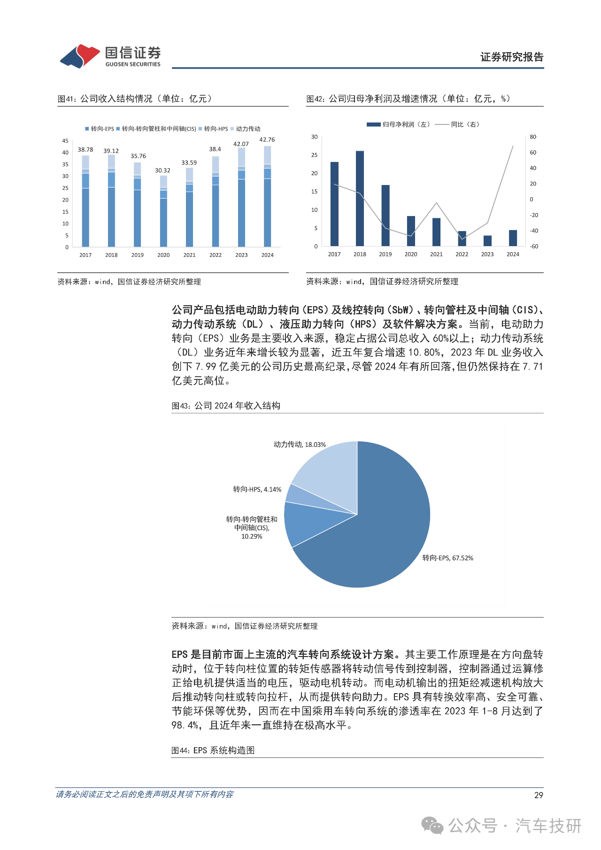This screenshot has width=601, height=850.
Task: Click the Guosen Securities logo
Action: coord(110,56)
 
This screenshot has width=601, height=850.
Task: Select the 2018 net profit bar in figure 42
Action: coord(360,198)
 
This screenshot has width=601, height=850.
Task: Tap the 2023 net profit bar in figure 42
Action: coord(487,240)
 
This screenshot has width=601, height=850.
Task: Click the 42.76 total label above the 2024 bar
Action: coord(267,140)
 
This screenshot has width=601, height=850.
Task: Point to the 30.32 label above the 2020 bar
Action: coord(162,170)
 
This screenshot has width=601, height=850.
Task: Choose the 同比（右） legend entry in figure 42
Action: coord(458,124)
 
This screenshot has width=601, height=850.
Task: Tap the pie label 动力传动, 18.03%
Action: coord(300,444)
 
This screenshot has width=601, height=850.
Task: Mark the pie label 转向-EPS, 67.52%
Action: coord(447,558)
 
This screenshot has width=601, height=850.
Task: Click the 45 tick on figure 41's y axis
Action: coord(65,141)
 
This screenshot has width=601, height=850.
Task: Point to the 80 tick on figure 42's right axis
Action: coord(533,137)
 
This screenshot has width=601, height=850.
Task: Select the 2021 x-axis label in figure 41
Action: coord(189,255)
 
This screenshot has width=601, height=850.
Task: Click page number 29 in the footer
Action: coord(539,795)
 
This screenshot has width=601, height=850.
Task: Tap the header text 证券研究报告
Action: coord(511,57)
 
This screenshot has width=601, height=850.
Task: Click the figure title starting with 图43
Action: coord(226,406)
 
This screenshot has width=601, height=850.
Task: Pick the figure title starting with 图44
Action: coord(213,750)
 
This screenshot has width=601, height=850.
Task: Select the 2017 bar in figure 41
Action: coord(85,202)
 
